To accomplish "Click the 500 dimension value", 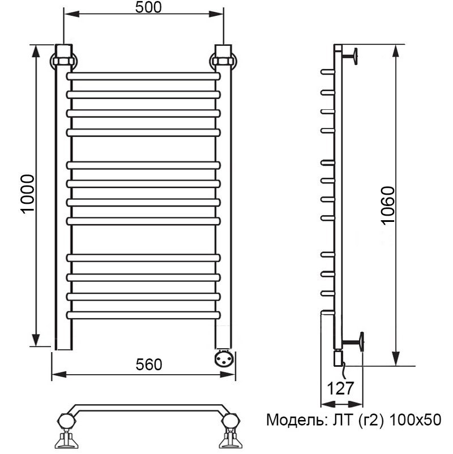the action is (148, 7).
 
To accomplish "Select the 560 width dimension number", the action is (149, 365).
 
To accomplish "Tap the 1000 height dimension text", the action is (28, 194).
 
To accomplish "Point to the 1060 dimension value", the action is (388, 205).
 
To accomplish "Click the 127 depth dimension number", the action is (340, 388).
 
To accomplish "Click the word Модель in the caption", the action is (296, 420).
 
